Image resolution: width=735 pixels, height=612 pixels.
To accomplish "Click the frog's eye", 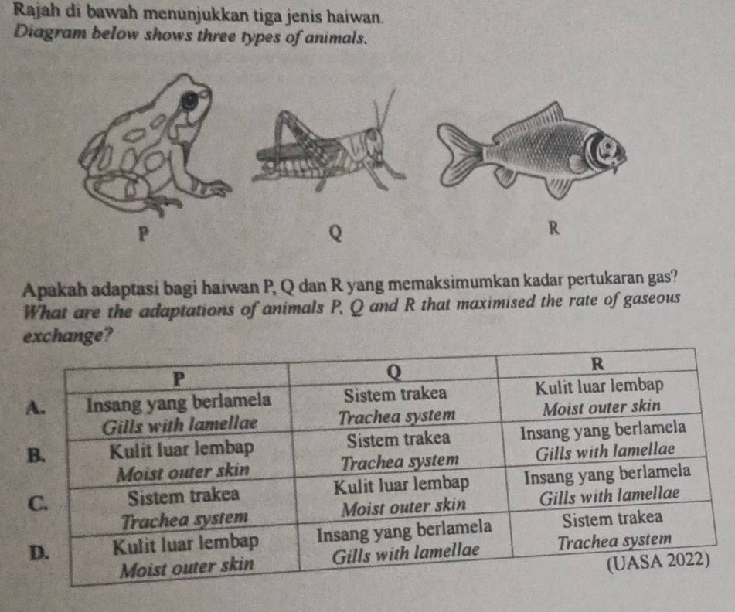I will click(x=189, y=100).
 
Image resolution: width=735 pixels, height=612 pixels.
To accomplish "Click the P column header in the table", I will click(x=179, y=377).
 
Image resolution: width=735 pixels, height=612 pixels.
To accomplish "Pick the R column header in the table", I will click(x=600, y=364).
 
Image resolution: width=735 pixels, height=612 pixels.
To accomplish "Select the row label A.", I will click(x=32, y=407).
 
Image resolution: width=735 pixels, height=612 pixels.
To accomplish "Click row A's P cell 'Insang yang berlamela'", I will click(x=179, y=401).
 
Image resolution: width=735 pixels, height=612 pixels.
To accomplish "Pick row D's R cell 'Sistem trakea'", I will click(x=613, y=516).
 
